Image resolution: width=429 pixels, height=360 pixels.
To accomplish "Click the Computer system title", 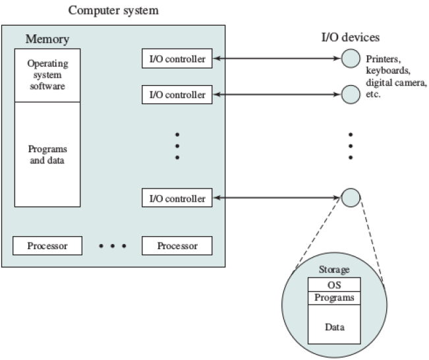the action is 113,11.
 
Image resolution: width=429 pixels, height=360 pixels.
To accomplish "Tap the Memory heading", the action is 47,39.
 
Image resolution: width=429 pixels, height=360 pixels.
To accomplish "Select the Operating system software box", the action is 47,75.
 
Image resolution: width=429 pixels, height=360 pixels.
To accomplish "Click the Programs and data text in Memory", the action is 47,154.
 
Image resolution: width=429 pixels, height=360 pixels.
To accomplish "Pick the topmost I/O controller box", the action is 177,58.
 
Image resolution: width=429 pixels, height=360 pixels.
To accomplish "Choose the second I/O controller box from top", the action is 177,94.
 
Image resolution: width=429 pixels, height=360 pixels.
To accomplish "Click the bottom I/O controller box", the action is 177,198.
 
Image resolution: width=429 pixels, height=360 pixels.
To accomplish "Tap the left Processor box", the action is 47,245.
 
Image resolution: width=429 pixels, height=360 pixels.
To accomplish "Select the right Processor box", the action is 177,245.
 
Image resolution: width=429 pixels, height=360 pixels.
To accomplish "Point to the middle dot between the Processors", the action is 113,246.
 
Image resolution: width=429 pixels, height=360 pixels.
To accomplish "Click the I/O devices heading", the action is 351,37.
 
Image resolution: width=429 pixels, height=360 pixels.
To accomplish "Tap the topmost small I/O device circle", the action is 351,58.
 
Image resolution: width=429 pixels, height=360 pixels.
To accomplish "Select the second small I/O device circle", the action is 351,94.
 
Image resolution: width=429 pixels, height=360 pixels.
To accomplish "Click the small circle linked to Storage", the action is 351,198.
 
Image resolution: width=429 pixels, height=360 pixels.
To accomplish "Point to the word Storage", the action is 334,270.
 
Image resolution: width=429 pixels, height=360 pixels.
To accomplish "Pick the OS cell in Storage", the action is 334,285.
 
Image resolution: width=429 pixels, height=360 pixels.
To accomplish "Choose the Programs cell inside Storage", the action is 334,298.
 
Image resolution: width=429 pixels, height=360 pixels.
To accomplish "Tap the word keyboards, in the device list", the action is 388,71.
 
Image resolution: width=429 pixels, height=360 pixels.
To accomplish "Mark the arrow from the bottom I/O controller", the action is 277,198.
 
